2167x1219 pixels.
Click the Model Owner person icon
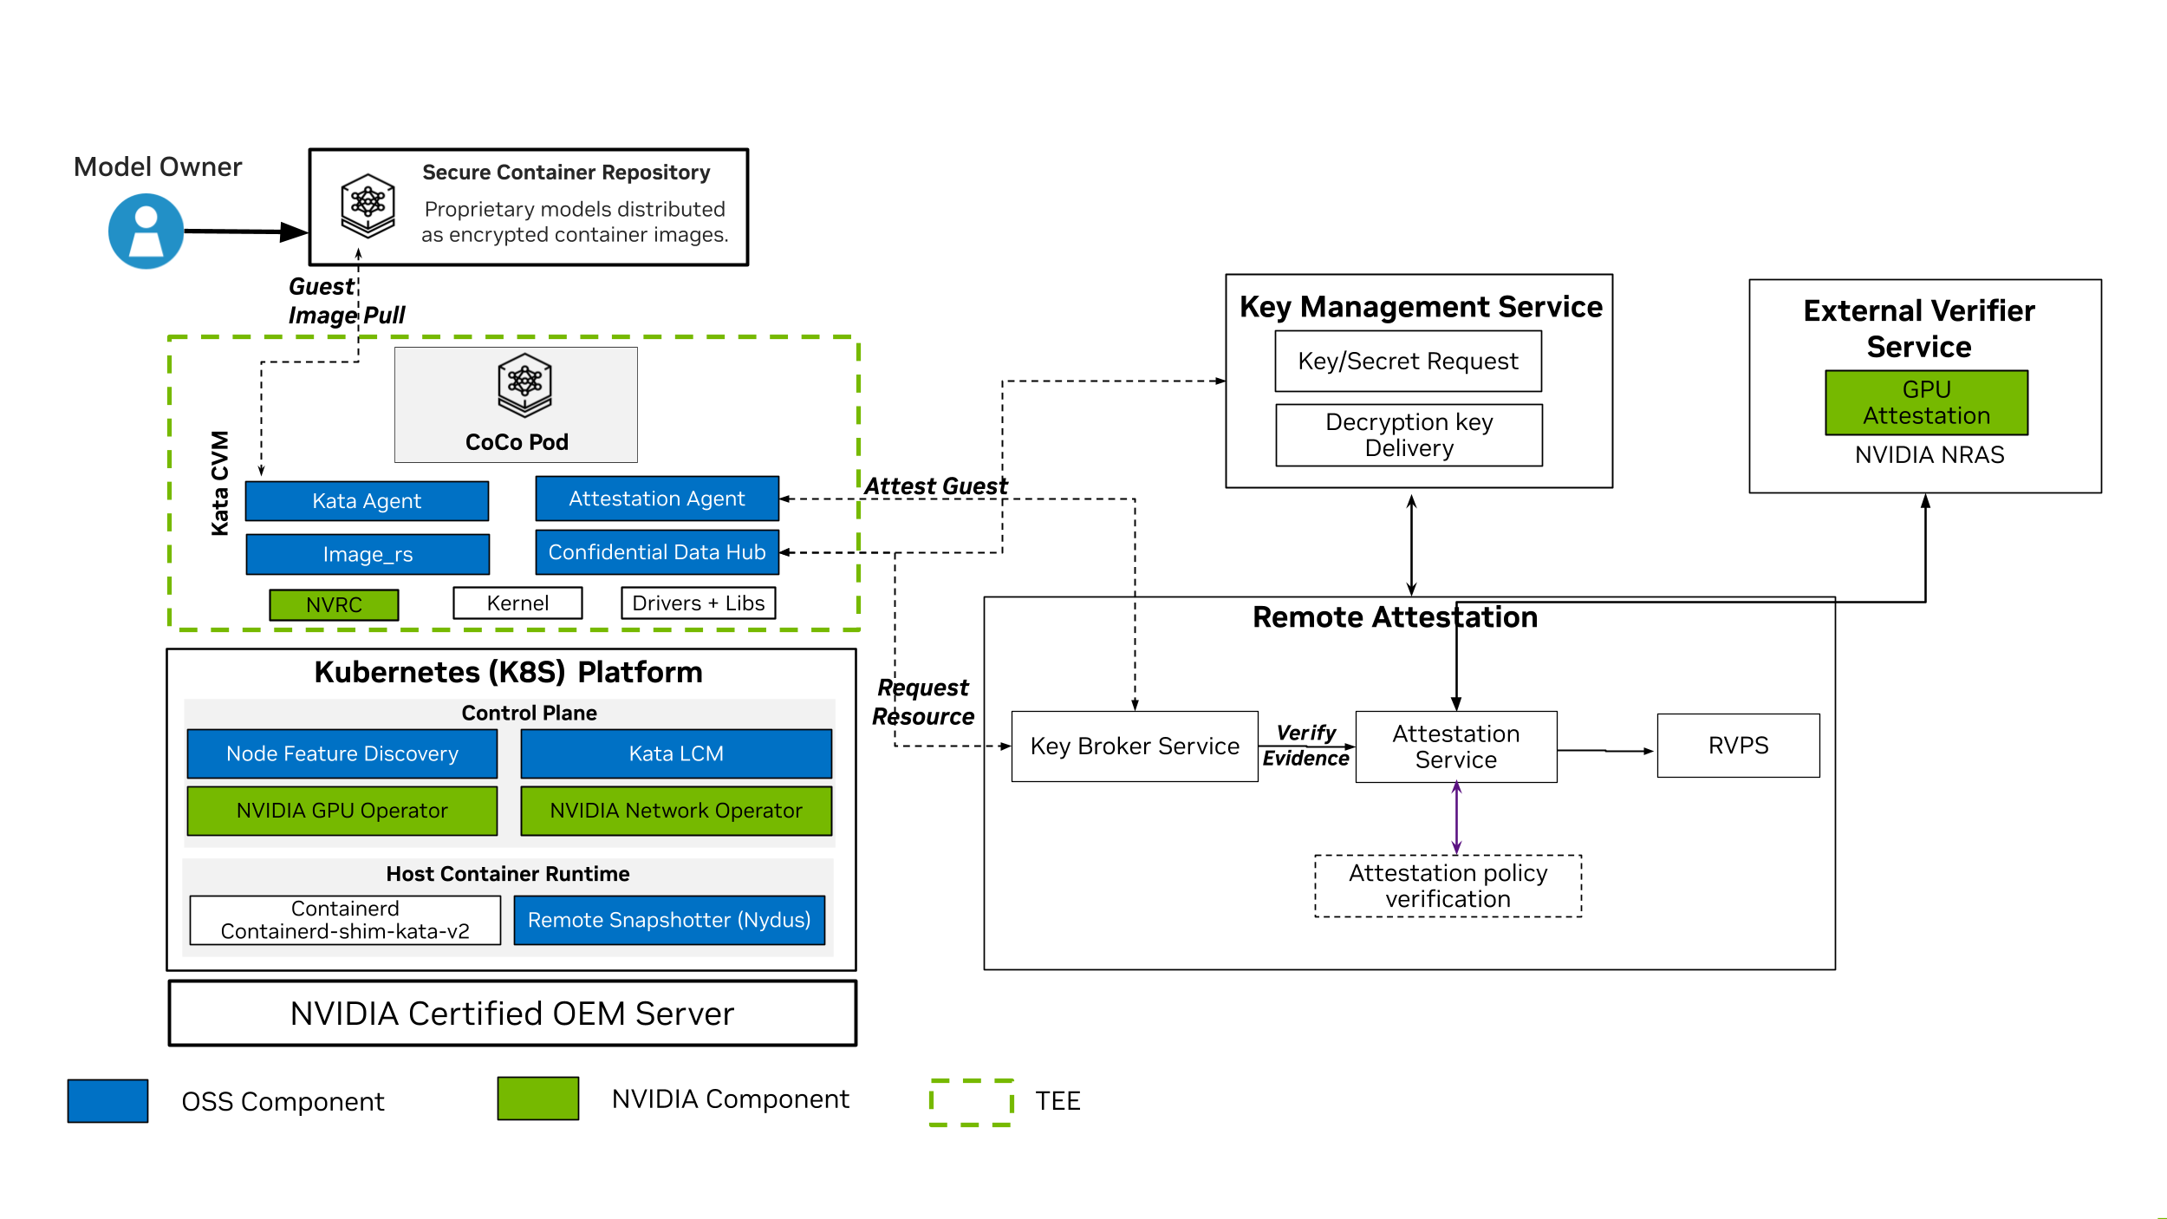146,231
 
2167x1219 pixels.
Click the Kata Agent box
367,501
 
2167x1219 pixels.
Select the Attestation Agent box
657,499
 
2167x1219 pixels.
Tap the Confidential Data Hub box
657,552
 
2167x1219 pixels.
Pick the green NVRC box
334,604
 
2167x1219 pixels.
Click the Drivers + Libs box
698,603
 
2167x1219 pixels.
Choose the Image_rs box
368,554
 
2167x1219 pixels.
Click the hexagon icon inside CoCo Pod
524,384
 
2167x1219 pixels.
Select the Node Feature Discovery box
342,753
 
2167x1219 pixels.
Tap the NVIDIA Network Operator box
676,811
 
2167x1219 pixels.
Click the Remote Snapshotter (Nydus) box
669,920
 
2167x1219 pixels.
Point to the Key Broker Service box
1135,746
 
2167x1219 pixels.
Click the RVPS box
1738,746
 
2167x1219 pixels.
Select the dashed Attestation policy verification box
1448,886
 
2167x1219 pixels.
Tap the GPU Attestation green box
1926,403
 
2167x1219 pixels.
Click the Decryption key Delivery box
1409,435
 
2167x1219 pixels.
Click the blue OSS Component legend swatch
107,1100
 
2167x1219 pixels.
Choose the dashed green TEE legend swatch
971,1101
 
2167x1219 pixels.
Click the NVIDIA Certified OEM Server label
512,1014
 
